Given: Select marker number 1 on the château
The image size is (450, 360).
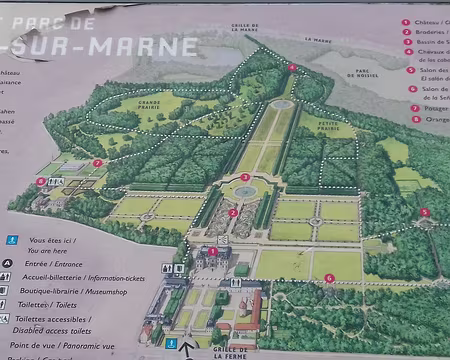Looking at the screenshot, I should point(212,251).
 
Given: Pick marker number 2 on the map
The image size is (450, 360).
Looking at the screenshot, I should point(233,212).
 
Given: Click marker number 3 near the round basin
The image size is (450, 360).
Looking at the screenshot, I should point(245,177).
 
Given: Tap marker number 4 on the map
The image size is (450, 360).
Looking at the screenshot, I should point(292,67).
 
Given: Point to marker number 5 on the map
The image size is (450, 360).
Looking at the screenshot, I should point(424,211).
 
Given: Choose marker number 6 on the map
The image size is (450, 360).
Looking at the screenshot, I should point(329,277).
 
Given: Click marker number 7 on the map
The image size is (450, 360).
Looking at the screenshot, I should point(97,162).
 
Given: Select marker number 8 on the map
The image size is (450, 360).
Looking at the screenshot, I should point(41,182).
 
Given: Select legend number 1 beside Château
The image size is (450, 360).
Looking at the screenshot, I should point(406,21).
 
